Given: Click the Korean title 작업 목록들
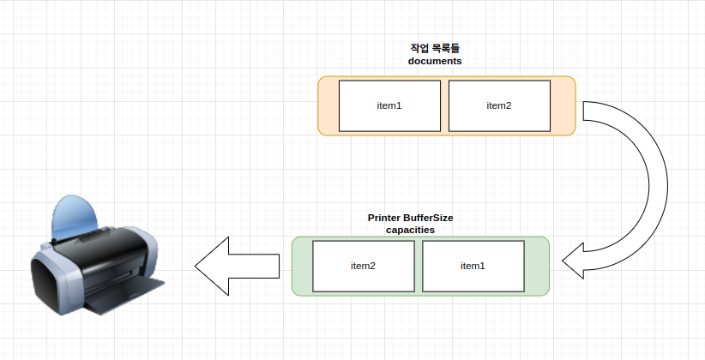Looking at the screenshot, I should [435, 49].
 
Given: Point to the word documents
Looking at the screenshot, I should [435, 62].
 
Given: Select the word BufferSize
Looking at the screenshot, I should [431, 219].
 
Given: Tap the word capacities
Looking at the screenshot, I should [410, 231].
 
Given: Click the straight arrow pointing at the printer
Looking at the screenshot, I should [244, 267].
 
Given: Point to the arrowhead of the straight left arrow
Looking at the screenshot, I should [210, 267].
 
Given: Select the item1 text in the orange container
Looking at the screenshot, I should [389, 105].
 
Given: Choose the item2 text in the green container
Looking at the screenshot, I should [363, 266].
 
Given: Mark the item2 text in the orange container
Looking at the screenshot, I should [499, 105].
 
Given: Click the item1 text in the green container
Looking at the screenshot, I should [473, 266].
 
